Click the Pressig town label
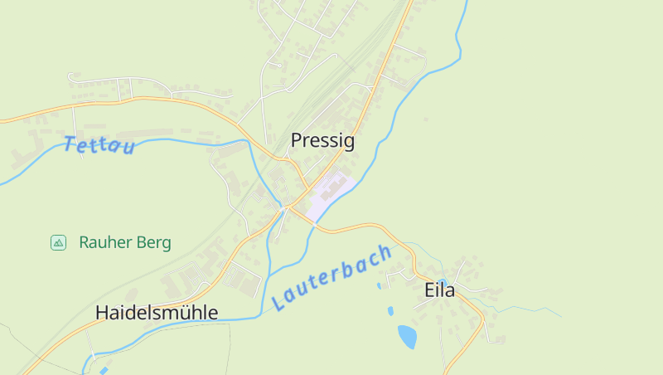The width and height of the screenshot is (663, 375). coord(322,141)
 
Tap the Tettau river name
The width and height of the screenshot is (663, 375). coord(99,145)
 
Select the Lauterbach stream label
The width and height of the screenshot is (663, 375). coord(331,279)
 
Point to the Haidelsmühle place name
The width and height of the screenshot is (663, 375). coord(157,313)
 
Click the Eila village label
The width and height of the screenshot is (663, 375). coord(439,290)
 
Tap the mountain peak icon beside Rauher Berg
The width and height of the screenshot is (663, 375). coord(58,242)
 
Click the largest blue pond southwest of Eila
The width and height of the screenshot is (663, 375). coord(407,336)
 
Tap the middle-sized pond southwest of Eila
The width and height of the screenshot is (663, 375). coord(390,312)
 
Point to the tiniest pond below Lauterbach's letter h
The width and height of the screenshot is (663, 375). coord(379,286)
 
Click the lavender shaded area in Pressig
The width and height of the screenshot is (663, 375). coord(331,196)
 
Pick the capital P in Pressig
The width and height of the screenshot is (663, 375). coord(296,141)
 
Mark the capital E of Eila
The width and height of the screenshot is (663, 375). coord(428,290)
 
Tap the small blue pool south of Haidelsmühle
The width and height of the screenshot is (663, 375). coord(104,370)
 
